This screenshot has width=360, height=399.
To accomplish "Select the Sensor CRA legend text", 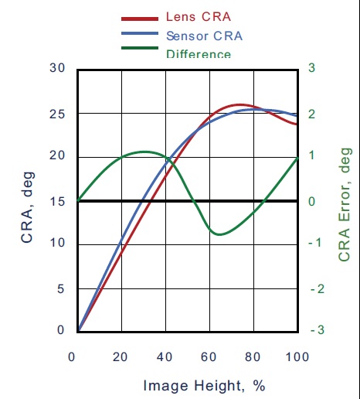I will point(203,36).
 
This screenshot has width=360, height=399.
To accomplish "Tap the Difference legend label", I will point(199,54).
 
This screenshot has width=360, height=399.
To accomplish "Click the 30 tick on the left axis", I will point(57,68).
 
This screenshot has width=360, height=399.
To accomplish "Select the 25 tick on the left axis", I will point(57,114).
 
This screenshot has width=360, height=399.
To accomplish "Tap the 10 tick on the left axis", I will point(57,244).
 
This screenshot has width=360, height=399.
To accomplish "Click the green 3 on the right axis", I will point(311,68).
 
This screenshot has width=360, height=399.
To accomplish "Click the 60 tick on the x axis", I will point(209,356).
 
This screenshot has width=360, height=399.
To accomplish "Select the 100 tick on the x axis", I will point(297,356).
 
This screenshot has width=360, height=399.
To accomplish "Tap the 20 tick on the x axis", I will point(121,356).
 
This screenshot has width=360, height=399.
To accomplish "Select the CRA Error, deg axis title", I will point(345,204).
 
